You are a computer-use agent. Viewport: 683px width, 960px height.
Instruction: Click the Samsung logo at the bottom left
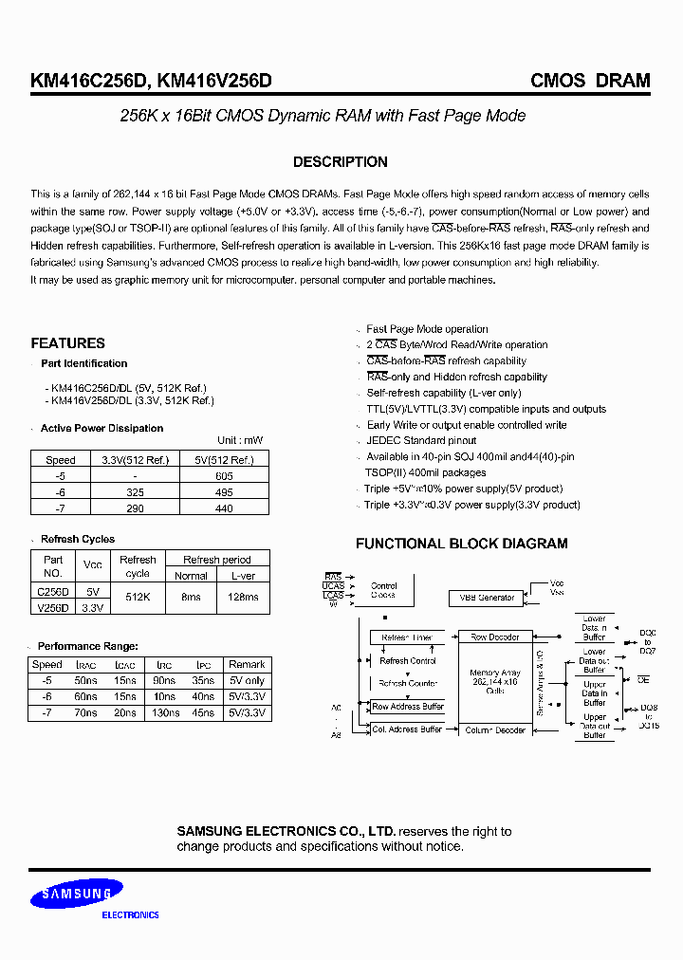(75, 894)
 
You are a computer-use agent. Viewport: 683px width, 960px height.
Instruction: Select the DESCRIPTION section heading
(340, 162)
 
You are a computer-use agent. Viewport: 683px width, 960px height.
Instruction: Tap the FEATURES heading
(67, 343)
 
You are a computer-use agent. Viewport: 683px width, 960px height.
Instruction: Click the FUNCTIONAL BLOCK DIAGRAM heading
(461, 544)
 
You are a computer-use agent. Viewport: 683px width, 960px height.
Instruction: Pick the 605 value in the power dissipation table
(224, 476)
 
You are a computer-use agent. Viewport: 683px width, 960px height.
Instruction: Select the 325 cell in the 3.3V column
(135, 492)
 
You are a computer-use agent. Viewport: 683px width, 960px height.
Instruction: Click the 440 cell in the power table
(224, 509)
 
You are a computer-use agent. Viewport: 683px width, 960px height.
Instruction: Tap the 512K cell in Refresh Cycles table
(138, 598)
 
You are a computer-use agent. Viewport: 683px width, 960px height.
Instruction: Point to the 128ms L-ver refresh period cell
(243, 598)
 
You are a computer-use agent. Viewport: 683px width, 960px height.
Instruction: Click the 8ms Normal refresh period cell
(191, 598)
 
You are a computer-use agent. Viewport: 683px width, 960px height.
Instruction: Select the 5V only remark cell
(247, 681)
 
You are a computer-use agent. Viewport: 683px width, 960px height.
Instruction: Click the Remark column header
(247, 665)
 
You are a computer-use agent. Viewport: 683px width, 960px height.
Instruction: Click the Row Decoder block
(494, 637)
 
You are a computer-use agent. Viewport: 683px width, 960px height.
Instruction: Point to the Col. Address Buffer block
(407, 729)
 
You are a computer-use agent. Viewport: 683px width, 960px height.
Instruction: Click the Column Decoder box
(494, 729)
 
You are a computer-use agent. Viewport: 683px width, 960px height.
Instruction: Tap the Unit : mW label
(240, 441)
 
